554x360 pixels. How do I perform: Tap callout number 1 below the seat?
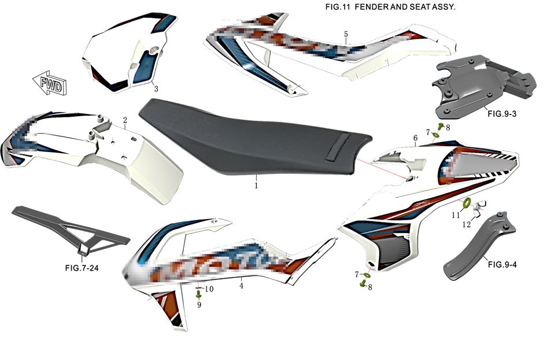tap(256, 186)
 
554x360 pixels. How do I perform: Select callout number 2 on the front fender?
tap(125, 120)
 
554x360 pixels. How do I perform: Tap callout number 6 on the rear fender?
tap(415, 138)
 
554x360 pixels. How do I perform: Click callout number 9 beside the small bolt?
tap(199, 304)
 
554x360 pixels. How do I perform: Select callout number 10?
tap(209, 288)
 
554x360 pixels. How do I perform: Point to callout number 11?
tap(456, 215)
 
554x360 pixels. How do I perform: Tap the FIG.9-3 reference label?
tap(501, 114)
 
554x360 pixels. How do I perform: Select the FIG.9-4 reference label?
tap(505, 265)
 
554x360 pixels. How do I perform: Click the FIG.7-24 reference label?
tap(85, 268)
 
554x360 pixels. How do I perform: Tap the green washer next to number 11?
tap(467, 203)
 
